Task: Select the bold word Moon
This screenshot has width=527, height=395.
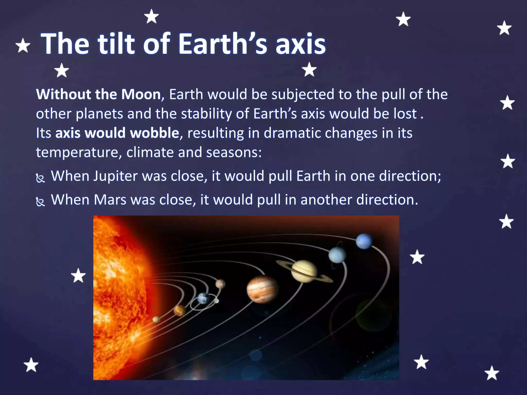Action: pyautogui.click(x=141, y=94)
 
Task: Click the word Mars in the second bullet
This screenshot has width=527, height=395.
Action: pyautogui.click(x=110, y=200)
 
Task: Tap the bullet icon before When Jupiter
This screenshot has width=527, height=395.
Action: pyautogui.click(x=40, y=178)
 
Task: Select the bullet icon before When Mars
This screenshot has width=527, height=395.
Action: pyautogui.click(x=40, y=202)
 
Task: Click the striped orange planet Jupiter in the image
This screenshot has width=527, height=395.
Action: pyautogui.click(x=262, y=289)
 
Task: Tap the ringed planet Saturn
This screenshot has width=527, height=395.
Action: pyautogui.click(x=304, y=271)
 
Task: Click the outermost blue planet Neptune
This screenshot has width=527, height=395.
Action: pyautogui.click(x=364, y=241)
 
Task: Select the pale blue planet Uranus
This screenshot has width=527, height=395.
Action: pyautogui.click(x=337, y=255)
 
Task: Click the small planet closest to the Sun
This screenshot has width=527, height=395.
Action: pyautogui.click(x=156, y=319)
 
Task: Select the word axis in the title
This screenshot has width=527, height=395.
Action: pyautogui.click(x=300, y=44)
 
